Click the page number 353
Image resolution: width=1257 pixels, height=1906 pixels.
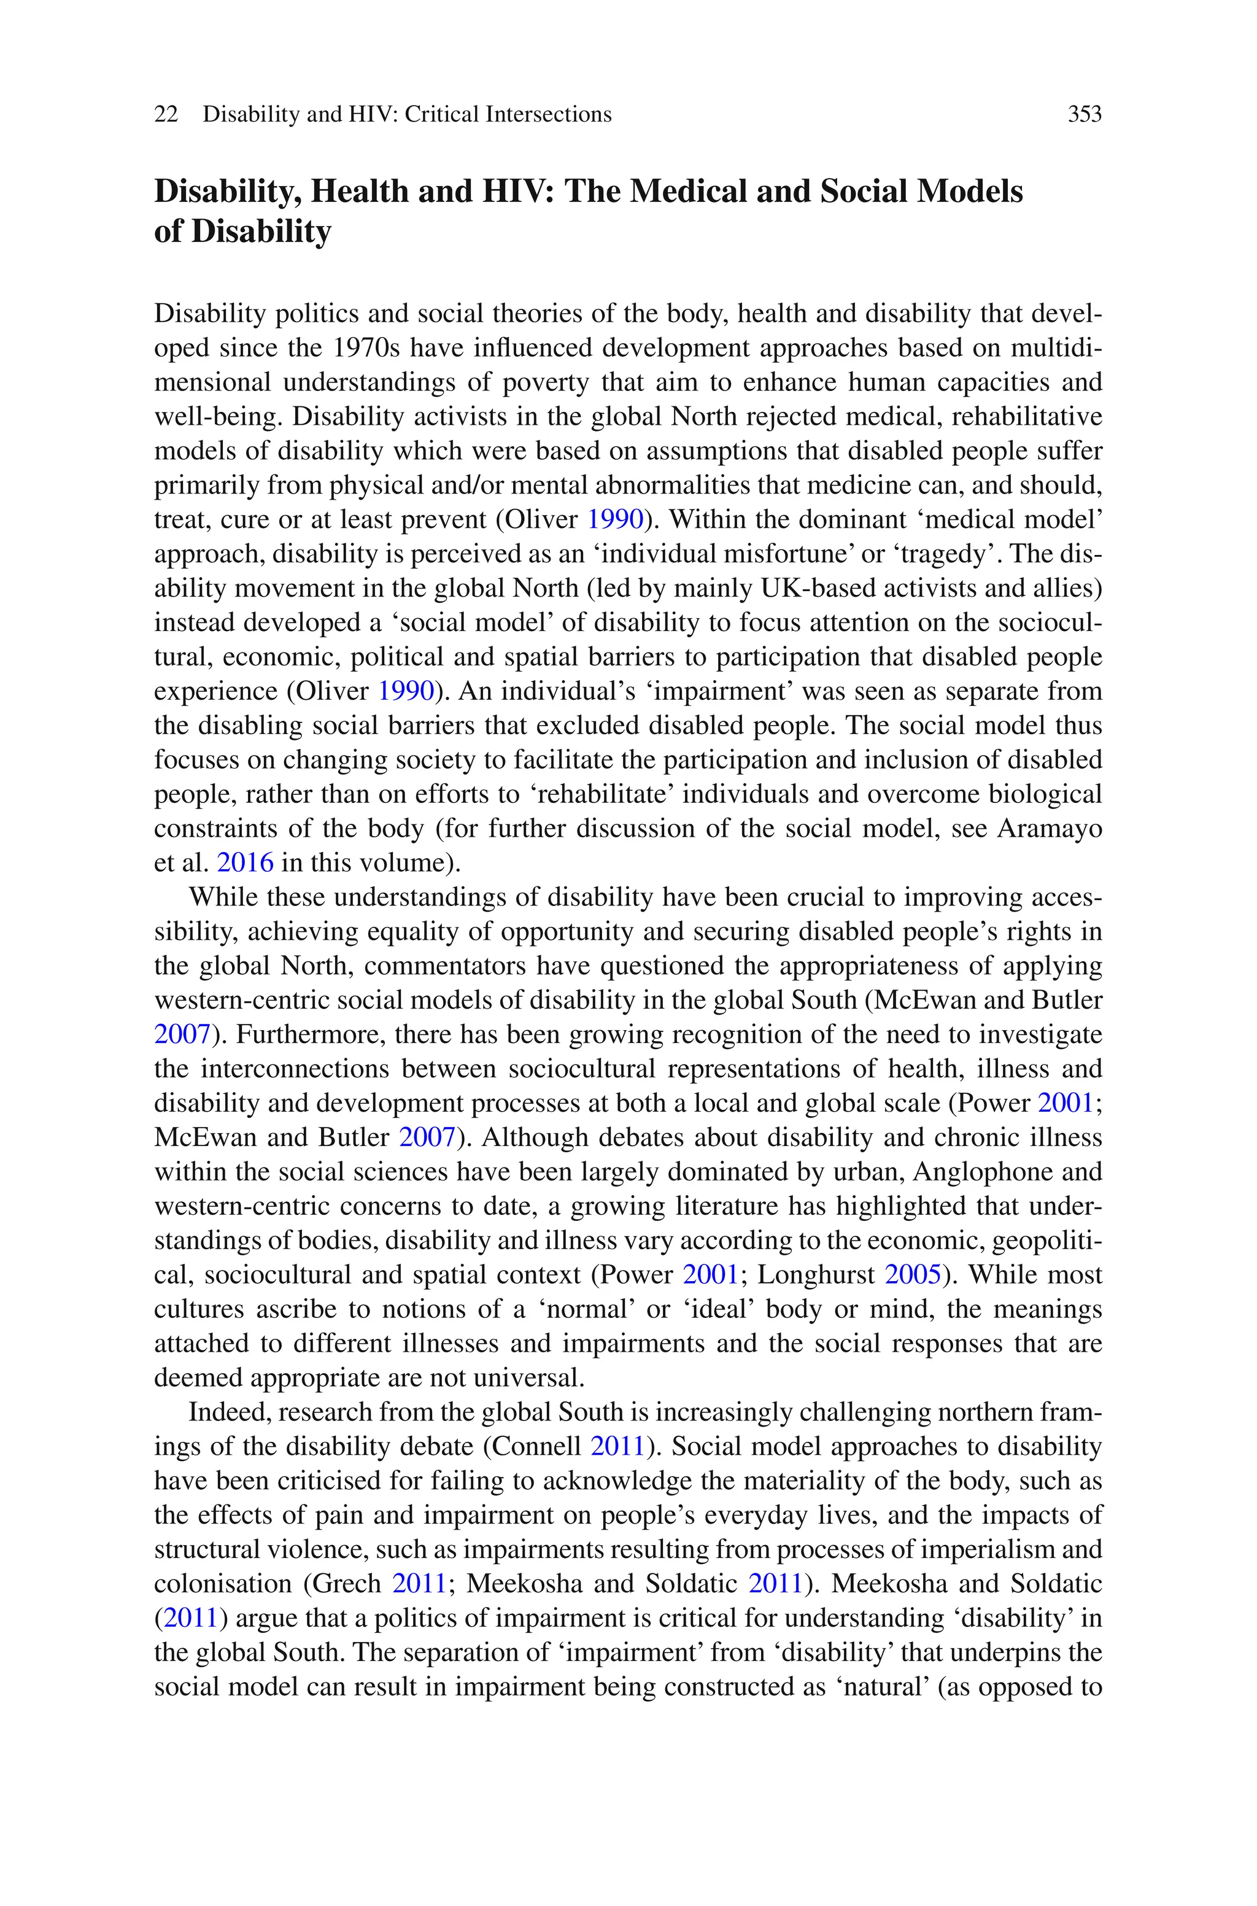click(x=1084, y=115)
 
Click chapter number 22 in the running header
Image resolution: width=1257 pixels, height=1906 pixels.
click(x=166, y=115)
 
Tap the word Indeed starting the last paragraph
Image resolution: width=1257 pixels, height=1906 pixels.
click(x=228, y=1411)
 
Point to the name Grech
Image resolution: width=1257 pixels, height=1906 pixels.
click(x=346, y=1584)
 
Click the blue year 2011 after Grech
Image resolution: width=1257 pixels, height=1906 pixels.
click(x=419, y=1584)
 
